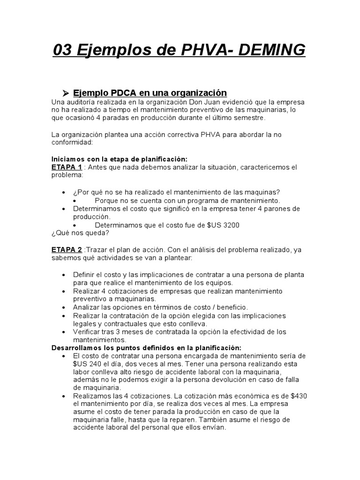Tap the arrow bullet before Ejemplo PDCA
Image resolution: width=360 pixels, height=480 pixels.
[x=66, y=93]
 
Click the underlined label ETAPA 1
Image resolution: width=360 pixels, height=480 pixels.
[x=67, y=167]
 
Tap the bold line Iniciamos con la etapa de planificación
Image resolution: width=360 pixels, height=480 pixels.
[x=119, y=159]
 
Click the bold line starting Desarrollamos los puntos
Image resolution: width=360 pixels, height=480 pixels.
[x=146, y=348]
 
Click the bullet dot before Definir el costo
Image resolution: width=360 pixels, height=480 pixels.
[x=64, y=275]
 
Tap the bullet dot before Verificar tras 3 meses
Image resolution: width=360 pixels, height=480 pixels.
[x=64, y=332]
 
